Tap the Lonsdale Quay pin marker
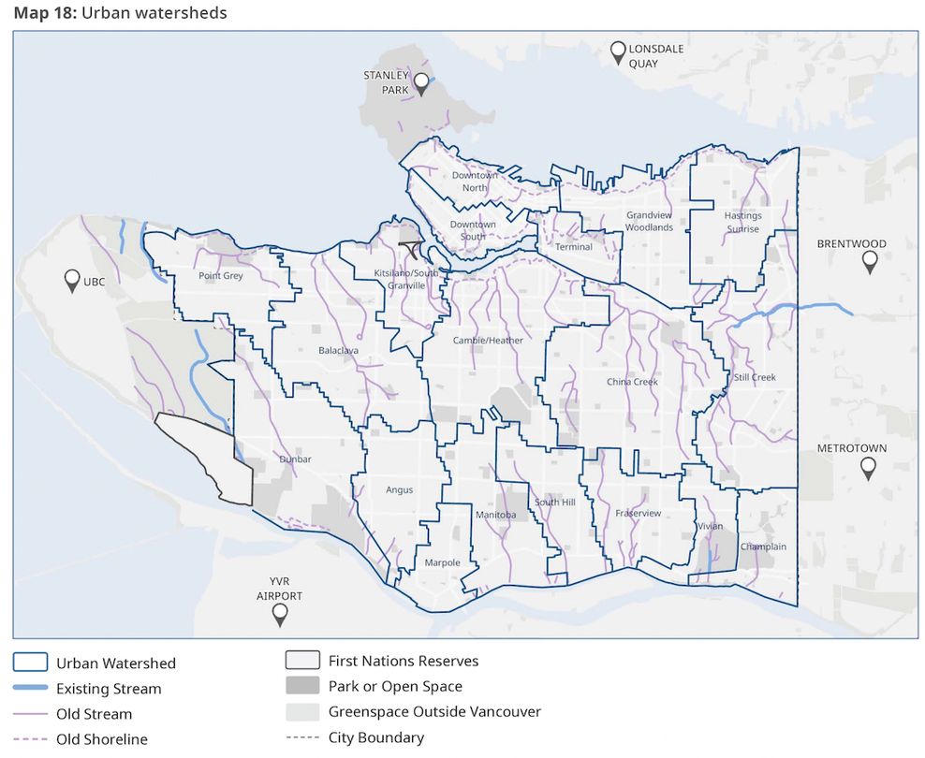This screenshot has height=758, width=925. [618, 52]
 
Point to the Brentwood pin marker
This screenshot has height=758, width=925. [870, 262]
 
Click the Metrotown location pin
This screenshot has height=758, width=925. [868, 468]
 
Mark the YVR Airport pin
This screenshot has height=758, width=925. [279, 615]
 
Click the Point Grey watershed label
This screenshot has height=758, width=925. [221, 276]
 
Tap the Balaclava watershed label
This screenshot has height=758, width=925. [338, 350]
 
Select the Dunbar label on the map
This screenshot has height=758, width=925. [295, 459]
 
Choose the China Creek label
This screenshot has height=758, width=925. [632, 382]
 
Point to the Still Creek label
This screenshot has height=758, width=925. [755, 377]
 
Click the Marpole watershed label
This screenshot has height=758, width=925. [442, 562]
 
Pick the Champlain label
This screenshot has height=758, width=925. [763, 547]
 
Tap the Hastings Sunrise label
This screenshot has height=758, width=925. [742, 222]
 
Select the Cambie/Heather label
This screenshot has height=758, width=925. [488, 341]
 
